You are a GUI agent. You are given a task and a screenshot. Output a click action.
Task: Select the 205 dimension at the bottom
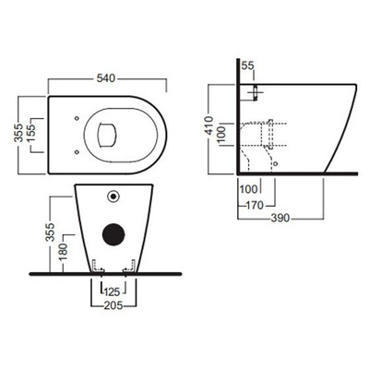coord(113,305)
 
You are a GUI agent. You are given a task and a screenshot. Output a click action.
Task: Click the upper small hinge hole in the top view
coord(73,118)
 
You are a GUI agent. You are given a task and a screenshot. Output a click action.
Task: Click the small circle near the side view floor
coord(274,162)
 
